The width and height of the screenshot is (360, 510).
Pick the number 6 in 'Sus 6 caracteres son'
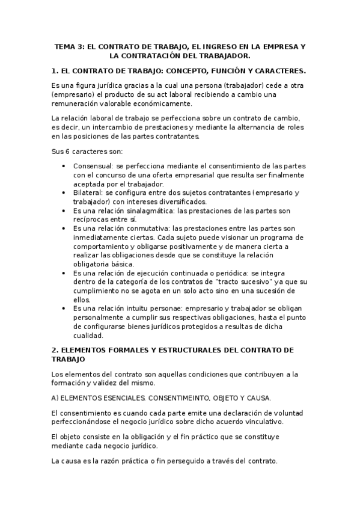point(67,152)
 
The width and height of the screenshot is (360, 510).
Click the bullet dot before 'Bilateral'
point(64,192)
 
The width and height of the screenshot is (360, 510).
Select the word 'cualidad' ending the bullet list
point(88,336)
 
